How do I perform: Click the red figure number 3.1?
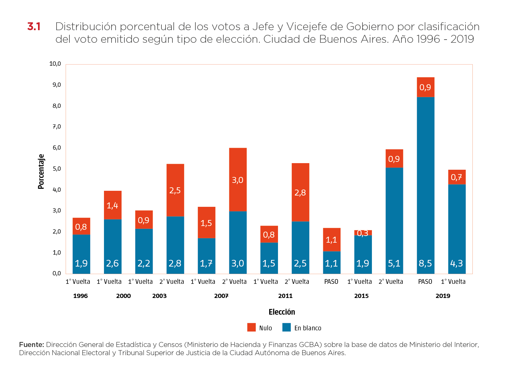(34, 26)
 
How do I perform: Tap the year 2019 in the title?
(462, 39)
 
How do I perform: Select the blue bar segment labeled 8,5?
(426, 185)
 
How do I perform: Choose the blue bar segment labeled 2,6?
(113, 246)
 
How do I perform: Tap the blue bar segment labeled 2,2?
(144, 251)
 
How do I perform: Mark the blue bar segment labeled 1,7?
(206, 256)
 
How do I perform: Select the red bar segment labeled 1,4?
(113, 205)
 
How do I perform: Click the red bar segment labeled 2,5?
(175, 190)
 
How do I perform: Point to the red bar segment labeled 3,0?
(238, 179)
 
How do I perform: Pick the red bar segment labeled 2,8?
(300, 192)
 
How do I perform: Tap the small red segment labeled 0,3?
(363, 233)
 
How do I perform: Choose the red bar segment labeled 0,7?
(457, 177)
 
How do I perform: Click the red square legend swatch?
(252, 327)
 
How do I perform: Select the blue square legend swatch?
(286, 327)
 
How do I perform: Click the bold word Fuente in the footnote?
(31, 344)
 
